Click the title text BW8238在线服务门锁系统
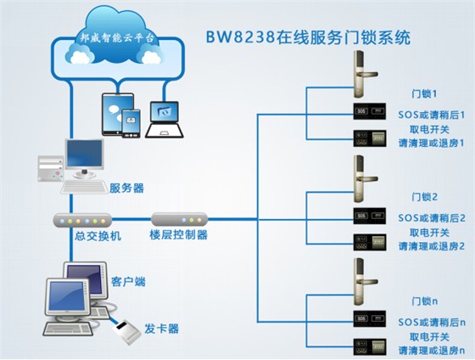(308, 38)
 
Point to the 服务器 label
(127, 188)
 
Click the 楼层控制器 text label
(178, 235)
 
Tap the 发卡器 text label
(161, 329)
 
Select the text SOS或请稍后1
(433, 113)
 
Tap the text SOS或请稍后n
(433, 323)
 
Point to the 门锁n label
(424, 301)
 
